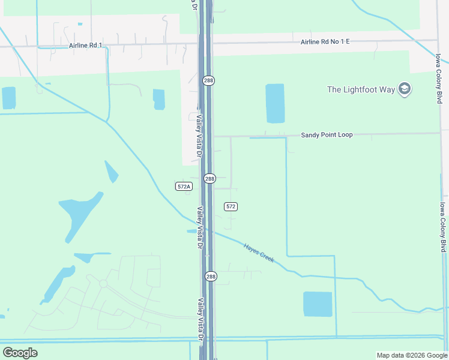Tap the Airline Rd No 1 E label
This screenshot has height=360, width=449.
point(325,42)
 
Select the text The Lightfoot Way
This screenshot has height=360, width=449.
point(361,89)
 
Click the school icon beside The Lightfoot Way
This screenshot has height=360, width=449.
point(405,89)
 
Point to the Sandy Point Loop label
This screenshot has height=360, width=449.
point(327,135)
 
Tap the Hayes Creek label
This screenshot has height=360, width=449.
point(259,252)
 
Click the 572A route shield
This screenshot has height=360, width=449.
point(184,187)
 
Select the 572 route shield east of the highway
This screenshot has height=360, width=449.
point(231,206)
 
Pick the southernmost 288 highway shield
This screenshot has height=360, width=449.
point(209,276)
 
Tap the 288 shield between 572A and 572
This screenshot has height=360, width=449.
point(209,179)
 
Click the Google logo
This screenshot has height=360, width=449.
point(20,353)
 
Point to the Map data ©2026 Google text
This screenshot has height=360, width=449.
point(412,355)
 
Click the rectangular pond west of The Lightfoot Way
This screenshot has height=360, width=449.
point(275,103)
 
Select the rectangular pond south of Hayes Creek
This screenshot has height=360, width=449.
point(318,304)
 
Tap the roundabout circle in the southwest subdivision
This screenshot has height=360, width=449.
point(103,283)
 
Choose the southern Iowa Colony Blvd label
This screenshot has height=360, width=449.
point(442,227)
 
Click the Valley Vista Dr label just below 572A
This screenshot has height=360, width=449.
point(200,227)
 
